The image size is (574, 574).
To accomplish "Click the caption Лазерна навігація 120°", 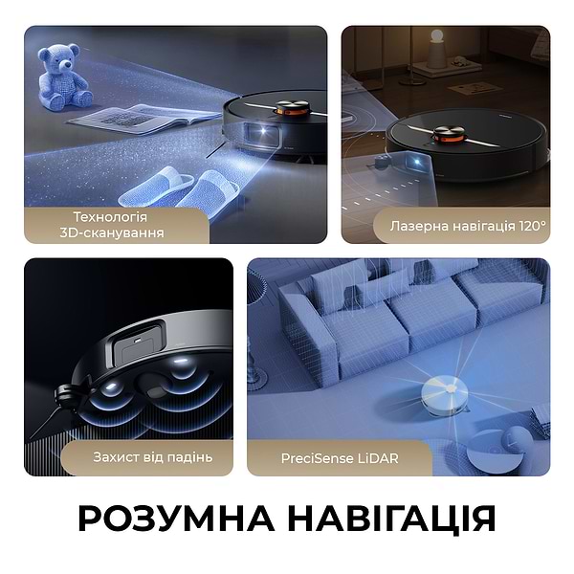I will point(468,227).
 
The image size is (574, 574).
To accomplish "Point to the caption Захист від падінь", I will point(154,457).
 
